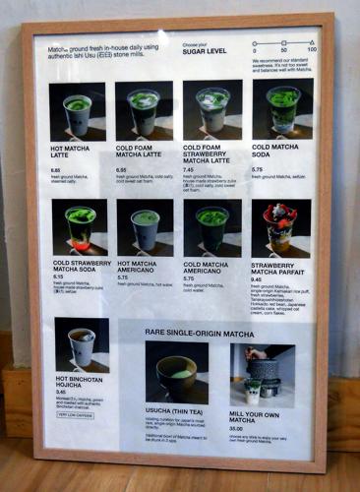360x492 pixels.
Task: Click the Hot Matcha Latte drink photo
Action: click(x=78, y=111)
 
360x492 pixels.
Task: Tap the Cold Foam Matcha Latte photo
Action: click(x=144, y=110)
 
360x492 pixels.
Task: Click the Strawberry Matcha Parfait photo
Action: click(x=280, y=228)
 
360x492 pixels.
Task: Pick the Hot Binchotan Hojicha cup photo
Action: click(x=82, y=343)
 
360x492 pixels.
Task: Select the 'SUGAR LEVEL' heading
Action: click(x=205, y=50)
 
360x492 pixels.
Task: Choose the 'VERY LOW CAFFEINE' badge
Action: click(x=76, y=414)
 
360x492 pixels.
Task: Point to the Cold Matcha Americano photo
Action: click(x=211, y=228)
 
